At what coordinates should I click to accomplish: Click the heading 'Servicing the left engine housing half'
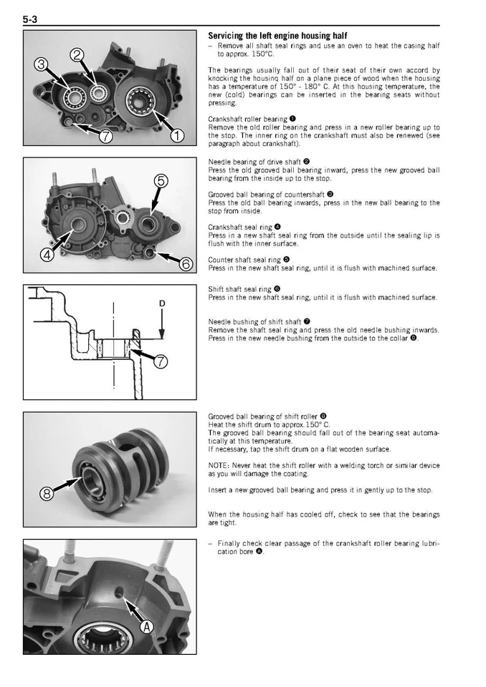277,36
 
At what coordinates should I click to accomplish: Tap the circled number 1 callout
176,135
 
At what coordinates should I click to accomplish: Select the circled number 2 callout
78,56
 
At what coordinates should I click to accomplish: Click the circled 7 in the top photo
105,137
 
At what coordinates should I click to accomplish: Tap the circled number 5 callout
162,180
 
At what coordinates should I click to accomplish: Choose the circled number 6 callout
186,264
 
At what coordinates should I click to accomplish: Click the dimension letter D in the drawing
162,304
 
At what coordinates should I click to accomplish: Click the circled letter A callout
147,628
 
